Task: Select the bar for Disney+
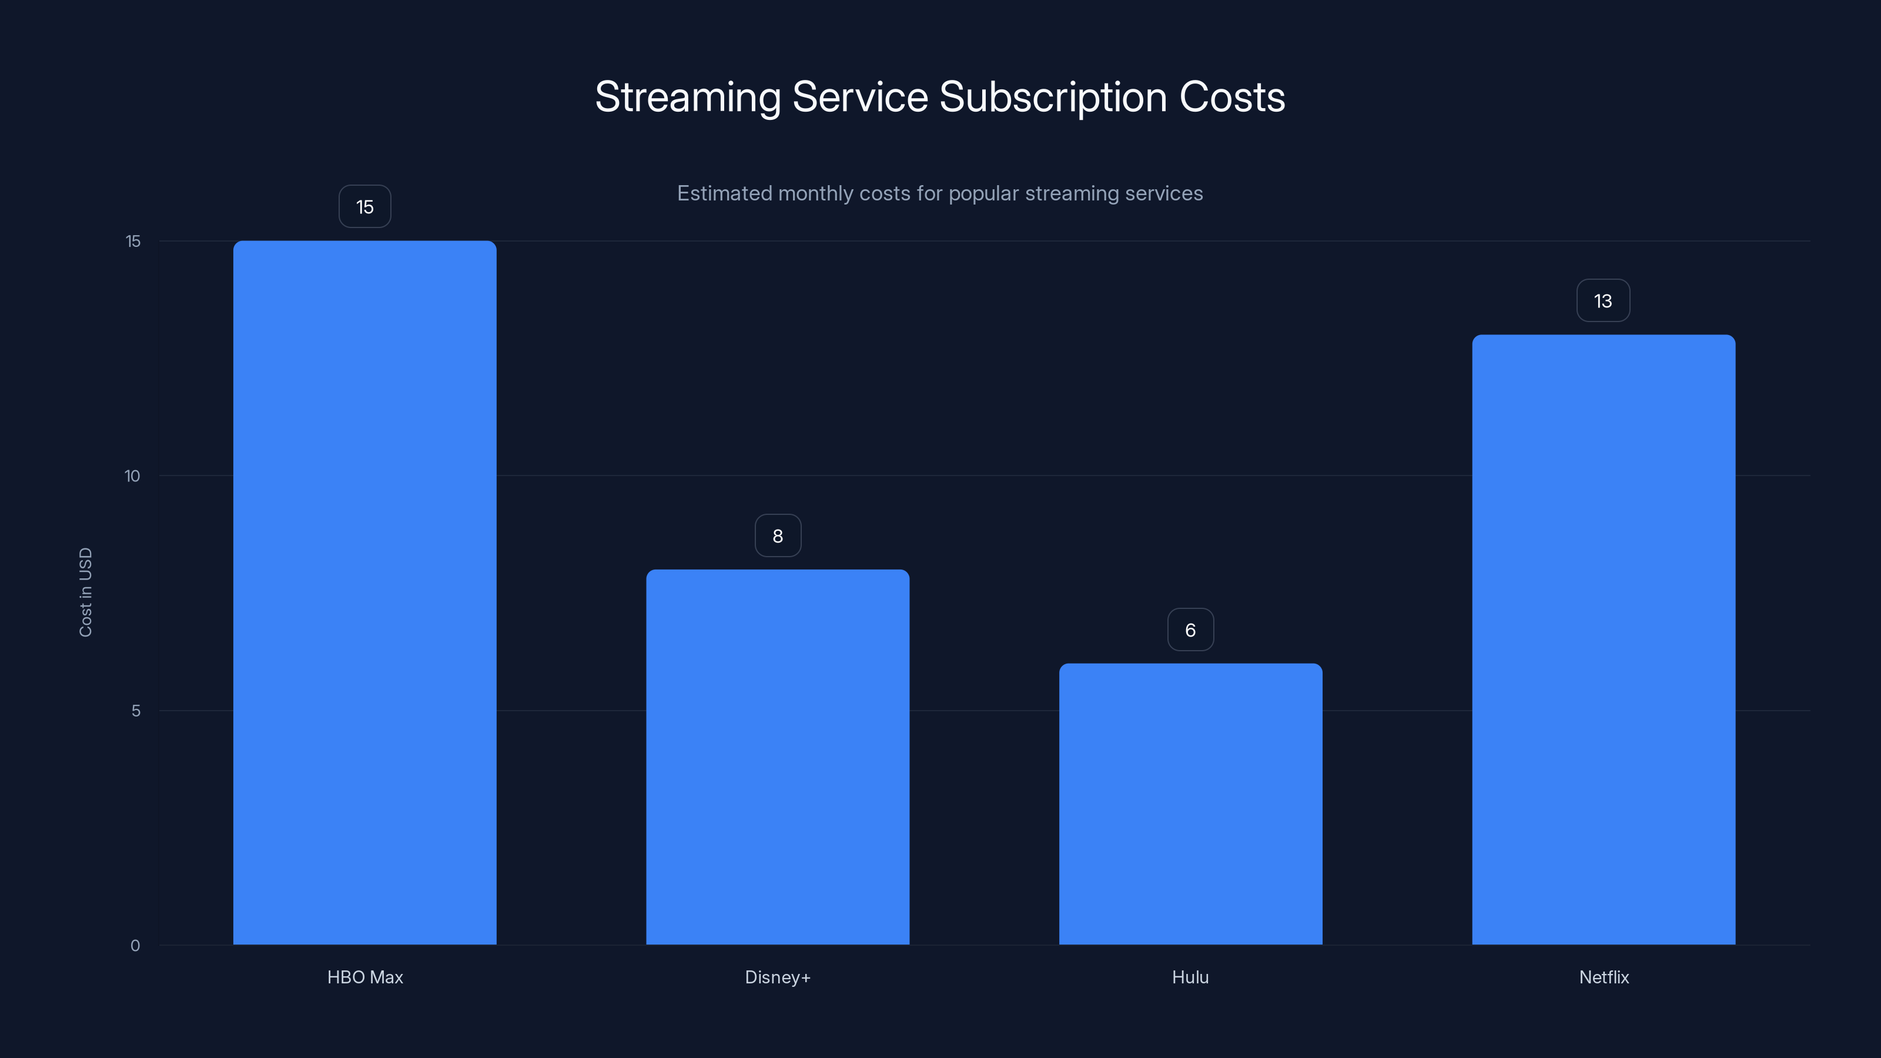778,756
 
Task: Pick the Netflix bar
1604,639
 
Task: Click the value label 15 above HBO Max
364,207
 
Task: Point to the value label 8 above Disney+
778,536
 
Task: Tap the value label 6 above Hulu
1190,630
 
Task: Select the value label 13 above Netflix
1603,301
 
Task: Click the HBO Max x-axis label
364,977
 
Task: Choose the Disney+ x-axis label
778,977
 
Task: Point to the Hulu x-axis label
1190,977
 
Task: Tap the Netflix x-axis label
1604,977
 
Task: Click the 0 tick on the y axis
135,946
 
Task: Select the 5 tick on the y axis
136,711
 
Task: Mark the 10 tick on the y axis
132,476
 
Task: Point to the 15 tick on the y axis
133,241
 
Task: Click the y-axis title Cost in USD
85,592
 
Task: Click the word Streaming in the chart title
688,97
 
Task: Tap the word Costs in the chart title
1232,97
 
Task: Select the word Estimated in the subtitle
724,193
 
